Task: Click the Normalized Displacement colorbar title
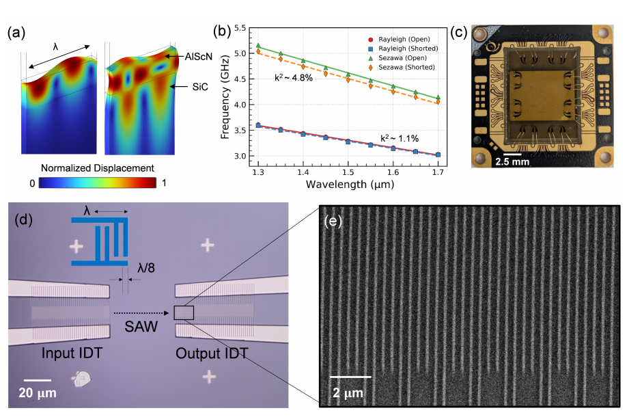click(96, 167)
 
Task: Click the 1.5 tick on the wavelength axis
click(348, 174)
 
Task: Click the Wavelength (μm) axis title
click(348, 186)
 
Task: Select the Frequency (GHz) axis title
click(225, 92)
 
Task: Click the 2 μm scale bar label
click(350, 393)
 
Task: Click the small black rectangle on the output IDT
click(184, 313)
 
